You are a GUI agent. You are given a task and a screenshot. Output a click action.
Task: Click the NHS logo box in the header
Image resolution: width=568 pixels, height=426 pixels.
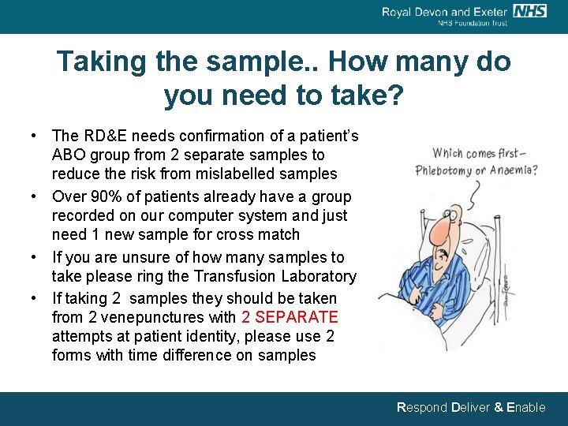pyautogui.click(x=529, y=11)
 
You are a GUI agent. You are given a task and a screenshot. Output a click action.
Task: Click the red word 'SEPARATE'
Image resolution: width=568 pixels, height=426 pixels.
pyautogui.click(x=290, y=317)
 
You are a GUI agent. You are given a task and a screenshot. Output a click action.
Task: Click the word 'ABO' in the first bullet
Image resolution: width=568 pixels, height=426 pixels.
pyautogui.click(x=68, y=155)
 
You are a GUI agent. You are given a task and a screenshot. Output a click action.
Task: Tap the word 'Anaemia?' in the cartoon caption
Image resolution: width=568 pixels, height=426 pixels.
pyautogui.click(x=510, y=170)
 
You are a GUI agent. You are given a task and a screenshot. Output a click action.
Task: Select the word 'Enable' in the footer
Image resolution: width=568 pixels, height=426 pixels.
pyautogui.click(x=525, y=408)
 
